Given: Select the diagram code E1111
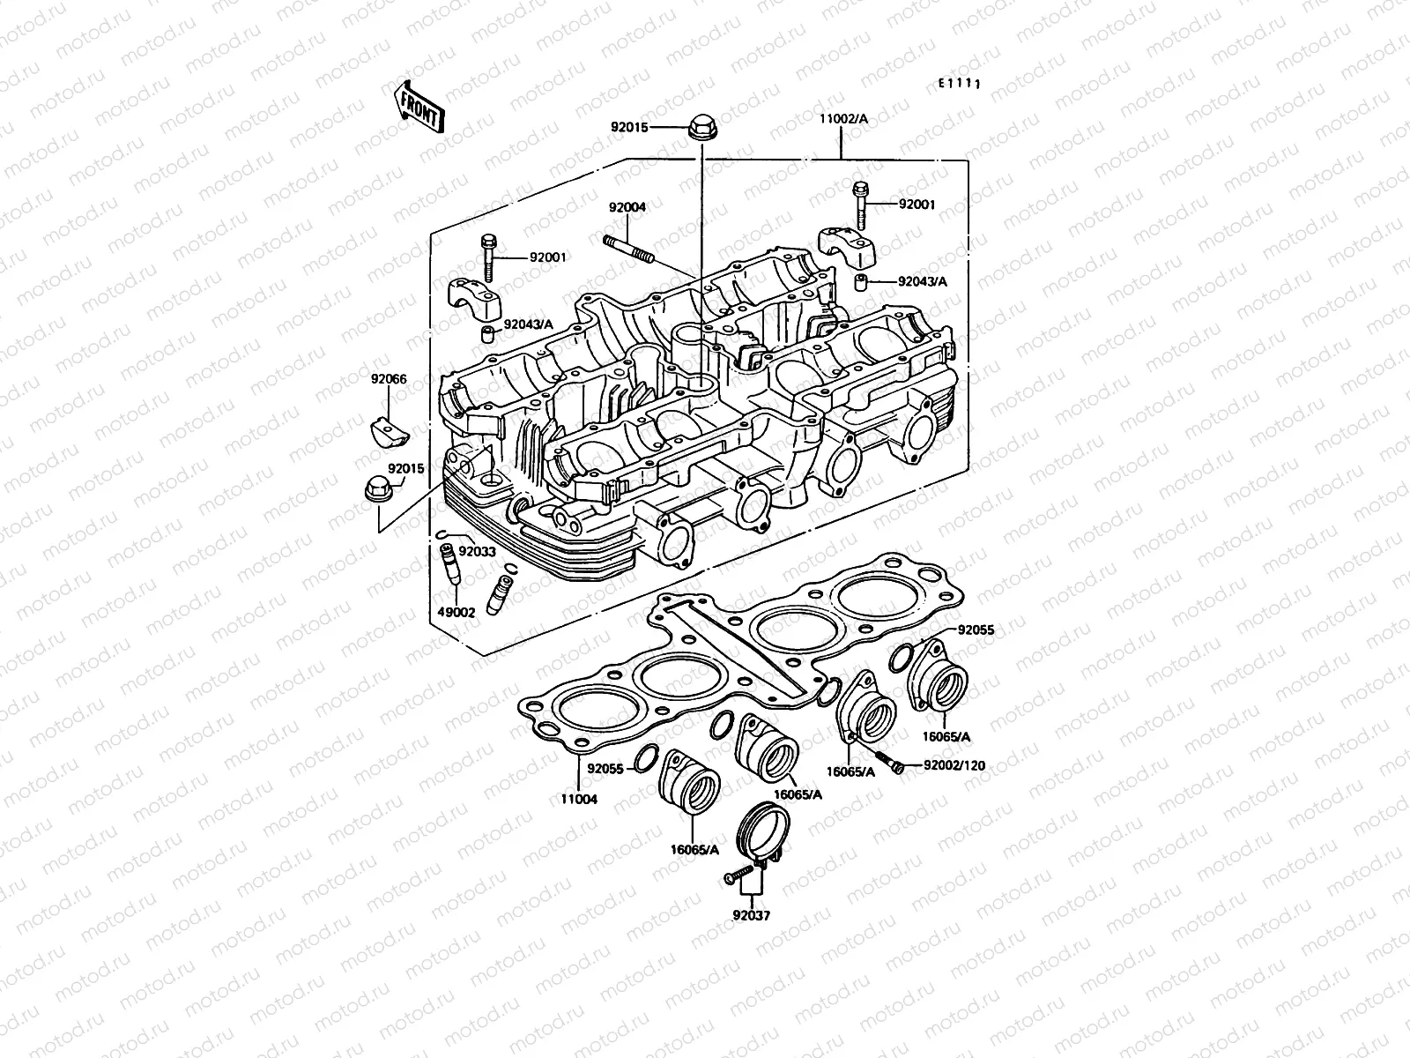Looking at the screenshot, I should coord(959,83).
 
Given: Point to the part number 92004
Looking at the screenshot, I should coord(652,208).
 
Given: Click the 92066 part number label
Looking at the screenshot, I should coord(388,379).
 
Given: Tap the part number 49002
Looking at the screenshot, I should coord(456,611).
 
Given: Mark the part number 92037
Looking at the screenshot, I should coord(751,915).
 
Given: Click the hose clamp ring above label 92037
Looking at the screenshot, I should coord(764,834).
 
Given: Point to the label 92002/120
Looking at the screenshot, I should coord(954,766).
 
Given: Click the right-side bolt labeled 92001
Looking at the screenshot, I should coord(861,204).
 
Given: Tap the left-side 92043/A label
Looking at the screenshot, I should coord(528,324).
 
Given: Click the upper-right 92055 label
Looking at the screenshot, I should coord(976,630).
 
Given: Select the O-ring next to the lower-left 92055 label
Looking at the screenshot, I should coord(646,756).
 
